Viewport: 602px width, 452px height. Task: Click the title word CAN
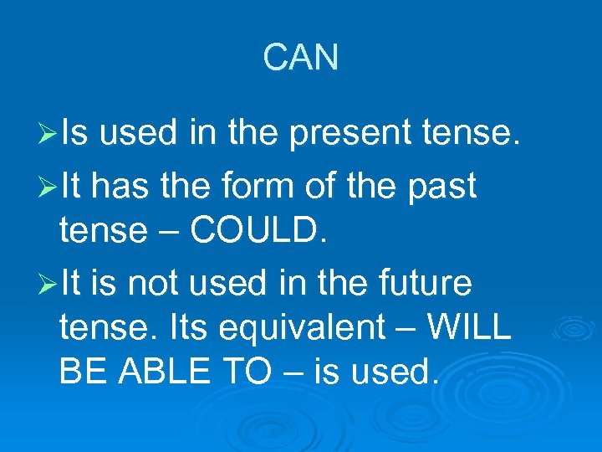pos(301,58)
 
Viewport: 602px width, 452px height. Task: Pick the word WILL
pos(469,328)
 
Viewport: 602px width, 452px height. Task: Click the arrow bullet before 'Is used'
pos(48,134)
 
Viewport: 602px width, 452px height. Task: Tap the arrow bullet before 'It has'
pos(48,186)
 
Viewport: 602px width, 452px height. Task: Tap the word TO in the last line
pos(247,372)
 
